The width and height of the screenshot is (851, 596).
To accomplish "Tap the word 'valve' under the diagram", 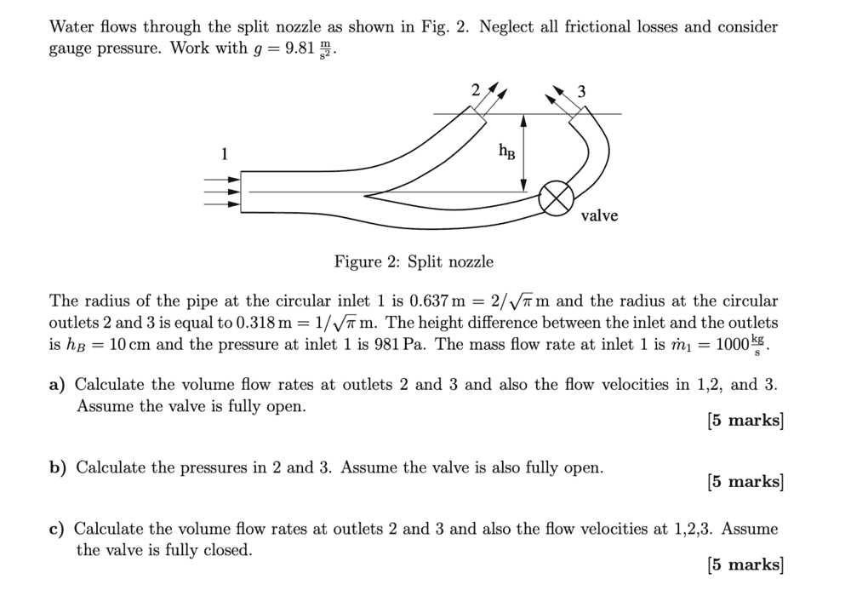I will coord(599,216).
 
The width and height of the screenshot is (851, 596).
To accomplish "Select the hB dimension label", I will coord(505,152).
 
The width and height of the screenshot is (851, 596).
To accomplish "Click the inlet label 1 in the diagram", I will coord(225,154).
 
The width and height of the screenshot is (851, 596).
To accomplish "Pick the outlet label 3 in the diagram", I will coord(581,92).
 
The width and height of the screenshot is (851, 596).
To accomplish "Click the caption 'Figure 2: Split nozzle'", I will coord(414,261).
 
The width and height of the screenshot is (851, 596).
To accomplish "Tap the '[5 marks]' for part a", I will coord(745,420).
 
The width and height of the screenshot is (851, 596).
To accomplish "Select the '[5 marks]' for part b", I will coord(745,482).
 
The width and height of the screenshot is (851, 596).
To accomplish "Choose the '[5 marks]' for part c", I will coord(745,564).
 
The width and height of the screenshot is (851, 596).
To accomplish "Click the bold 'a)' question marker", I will coord(57,385).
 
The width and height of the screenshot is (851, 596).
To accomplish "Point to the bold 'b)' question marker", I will coord(58,467).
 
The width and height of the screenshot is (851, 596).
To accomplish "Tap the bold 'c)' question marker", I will coord(56,530).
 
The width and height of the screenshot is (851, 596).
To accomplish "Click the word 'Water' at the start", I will coord(71,26).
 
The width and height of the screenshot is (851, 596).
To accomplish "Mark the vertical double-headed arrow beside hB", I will coord(523,153).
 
